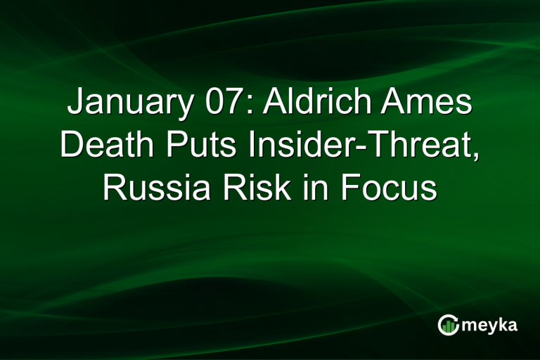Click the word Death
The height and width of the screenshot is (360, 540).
[x=103, y=146]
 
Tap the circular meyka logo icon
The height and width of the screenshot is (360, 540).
[x=448, y=324]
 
